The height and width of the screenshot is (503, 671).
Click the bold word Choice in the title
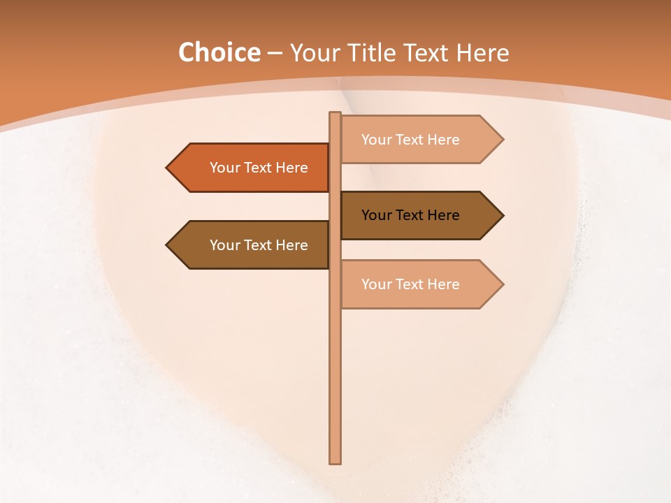pos(219,53)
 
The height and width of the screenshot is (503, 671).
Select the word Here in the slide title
pos(482,53)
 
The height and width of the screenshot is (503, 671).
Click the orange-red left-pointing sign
pos(252,168)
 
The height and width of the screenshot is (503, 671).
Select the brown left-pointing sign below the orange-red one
pos(252,245)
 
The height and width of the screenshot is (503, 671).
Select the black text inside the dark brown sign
pos(410,215)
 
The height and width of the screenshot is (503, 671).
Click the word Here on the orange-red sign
pos(289,168)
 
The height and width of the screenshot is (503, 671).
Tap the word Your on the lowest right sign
pos(376,284)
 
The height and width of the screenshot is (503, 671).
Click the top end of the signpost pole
pos(335,115)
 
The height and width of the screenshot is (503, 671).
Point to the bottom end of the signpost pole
pos(335,461)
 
